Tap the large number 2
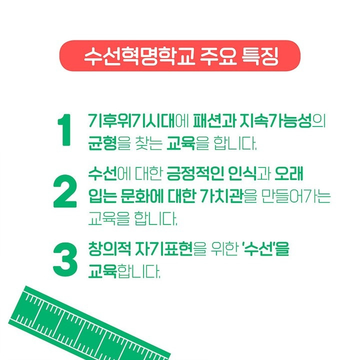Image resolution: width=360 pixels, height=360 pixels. pyautogui.click(x=64, y=193)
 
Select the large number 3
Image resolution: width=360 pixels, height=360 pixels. pyautogui.click(x=65, y=259)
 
